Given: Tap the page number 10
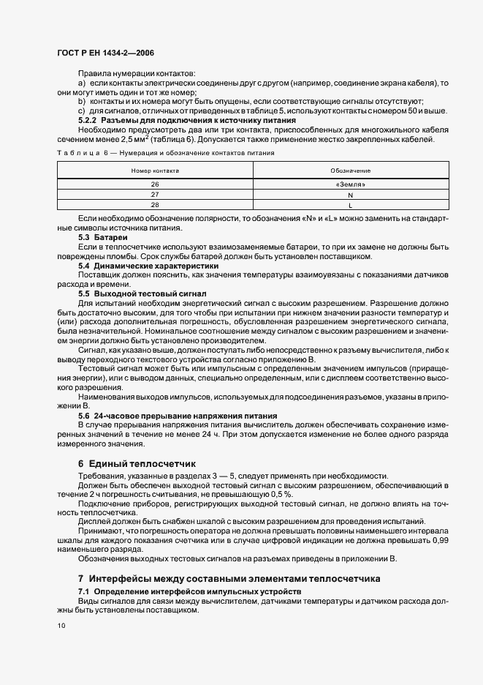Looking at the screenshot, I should pos(61,626).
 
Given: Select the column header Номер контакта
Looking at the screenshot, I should pos(155,170).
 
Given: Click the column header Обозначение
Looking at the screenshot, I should pos(350,170).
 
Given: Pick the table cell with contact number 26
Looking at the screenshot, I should pos(155,184).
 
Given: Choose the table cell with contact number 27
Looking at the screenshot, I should pos(155,195).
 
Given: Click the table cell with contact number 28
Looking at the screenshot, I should pos(155,205).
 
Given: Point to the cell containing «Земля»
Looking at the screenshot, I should pos(350,184).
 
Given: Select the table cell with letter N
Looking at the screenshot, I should pos(350,195).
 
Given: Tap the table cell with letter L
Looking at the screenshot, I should pos(350,205).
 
